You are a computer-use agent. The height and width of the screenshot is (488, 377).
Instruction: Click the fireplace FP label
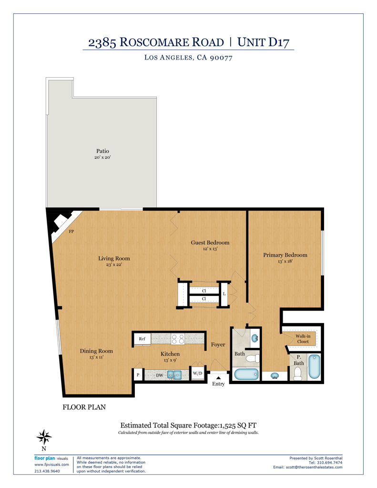(x=71, y=232)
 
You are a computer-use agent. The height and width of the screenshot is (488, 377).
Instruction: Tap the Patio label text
(x=102, y=151)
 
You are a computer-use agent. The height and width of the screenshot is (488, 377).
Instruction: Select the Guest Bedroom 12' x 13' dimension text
(x=210, y=249)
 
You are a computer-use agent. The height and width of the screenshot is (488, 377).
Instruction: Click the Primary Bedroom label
(x=285, y=255)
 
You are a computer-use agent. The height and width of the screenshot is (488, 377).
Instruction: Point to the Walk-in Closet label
(x=303, y=339)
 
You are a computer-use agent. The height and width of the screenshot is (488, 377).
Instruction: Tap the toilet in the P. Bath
(x=298, y=376)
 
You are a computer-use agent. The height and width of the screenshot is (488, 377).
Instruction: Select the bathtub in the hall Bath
(x=245, y=375)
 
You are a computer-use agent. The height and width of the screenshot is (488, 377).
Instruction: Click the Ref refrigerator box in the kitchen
(x=142, y=339)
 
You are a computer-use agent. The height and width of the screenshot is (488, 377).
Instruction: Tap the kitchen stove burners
(x=178, y=339)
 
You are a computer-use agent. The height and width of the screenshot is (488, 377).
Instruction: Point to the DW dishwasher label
(x=160, y=375)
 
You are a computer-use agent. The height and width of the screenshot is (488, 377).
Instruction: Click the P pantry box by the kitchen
(x=138, y=375)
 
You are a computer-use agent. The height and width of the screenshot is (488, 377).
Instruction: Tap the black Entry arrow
(x=218, y=377)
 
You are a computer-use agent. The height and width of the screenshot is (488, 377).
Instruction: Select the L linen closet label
(x=224, y=294)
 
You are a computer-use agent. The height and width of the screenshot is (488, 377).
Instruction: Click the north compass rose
(x=44, y=436)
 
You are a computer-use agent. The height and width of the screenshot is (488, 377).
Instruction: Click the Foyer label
(x=218, y=345)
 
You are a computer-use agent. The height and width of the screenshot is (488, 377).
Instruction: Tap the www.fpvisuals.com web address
(x=51, y=464)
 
